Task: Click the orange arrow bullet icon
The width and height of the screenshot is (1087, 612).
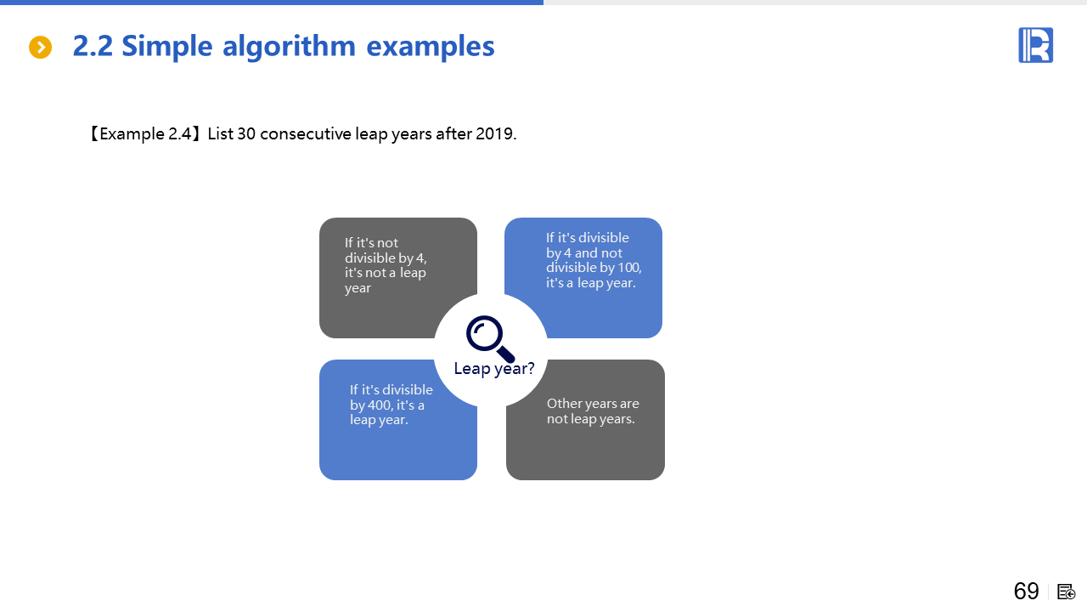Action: coord(40,47)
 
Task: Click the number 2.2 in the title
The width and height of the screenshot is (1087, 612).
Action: coord(93,46)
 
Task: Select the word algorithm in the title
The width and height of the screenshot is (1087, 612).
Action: coord(289,47)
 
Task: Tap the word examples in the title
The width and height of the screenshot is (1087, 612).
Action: coord(431,48)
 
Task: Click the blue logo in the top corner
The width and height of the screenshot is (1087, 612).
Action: coord(1035,45)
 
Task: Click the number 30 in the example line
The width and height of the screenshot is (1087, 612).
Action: coord(246,133)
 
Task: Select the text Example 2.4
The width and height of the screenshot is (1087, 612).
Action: coord(145,133)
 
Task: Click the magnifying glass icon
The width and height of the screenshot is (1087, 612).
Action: coord(490,338)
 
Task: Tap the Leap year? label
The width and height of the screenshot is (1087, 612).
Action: coord(494,368)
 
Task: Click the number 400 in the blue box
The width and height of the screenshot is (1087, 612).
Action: coord(380,405)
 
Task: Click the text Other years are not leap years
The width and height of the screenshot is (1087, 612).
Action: coord(593,411)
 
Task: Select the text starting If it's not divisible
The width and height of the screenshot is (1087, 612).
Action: coord(386,265)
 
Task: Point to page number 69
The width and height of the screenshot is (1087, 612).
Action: coord(1027,591)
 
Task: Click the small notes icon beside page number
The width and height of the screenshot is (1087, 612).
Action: coord(1066,592)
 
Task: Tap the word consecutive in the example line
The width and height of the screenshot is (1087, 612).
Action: coord(305,133)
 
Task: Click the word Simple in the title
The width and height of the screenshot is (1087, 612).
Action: coord(167,47)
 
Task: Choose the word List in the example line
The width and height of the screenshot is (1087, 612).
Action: coord(220,133)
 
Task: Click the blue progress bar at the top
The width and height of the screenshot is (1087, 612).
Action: coord(272,3)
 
